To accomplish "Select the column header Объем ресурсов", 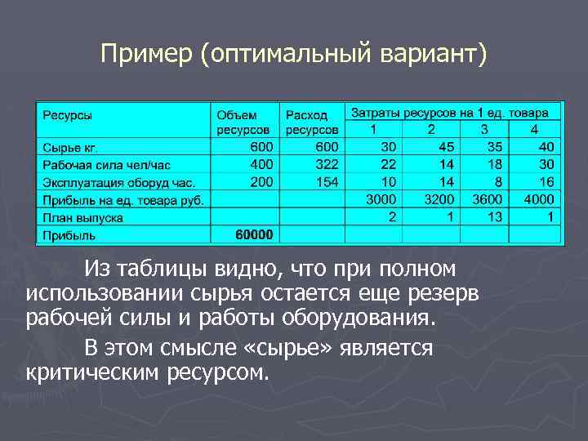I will point(243,122).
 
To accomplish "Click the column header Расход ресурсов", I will point(312,122).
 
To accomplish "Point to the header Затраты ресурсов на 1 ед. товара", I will point(456,112).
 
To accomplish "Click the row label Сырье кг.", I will point(71,147).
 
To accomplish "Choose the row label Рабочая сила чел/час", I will point(100,165).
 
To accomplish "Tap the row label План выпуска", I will point(82,217).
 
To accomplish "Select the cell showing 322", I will point(326,165).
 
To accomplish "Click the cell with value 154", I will point(326,182).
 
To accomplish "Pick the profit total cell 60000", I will point(255,235).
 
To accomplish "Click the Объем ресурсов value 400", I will point(261,165).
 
